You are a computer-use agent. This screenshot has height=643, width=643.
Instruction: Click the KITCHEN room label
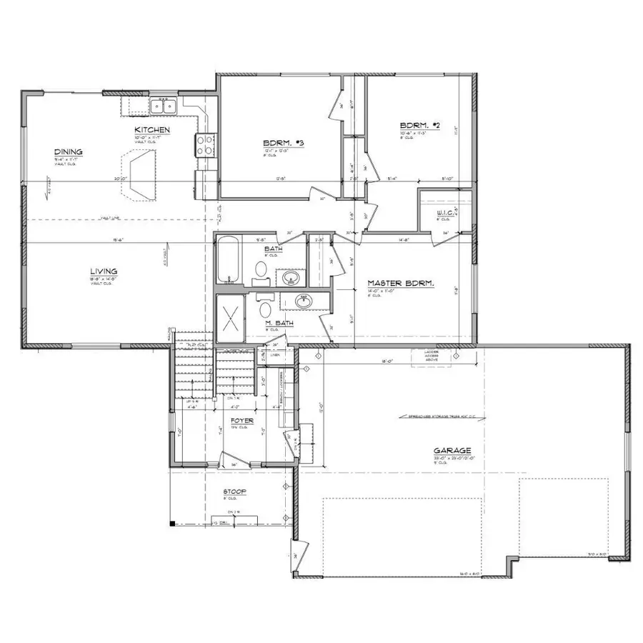tap(152, 129)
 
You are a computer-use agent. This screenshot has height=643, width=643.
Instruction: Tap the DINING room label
tap(69, 151)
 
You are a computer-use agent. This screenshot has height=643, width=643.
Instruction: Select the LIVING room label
tap(104, 271)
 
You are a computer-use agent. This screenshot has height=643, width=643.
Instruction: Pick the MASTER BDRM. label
tap(411, 284)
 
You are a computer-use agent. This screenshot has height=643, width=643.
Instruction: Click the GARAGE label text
tap(452, 451)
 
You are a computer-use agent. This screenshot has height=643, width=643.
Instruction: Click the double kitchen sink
tap(164, 107)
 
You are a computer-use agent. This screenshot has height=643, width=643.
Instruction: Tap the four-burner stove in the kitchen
tap(204, 145)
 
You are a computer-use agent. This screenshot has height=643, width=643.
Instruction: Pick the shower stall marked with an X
tap(231, 314)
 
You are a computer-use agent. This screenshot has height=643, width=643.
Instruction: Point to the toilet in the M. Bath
tap(265, 309)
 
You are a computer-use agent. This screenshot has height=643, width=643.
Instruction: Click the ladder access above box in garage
tap(432, 355)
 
